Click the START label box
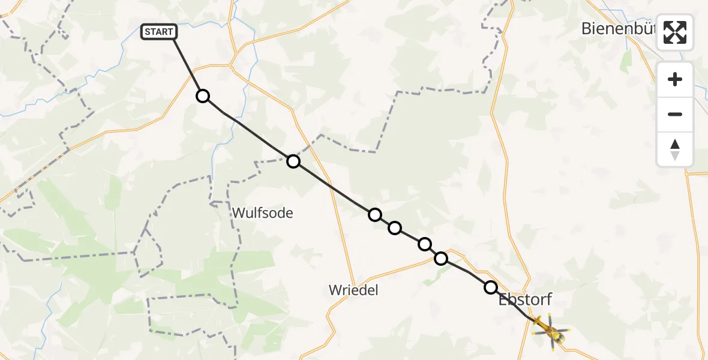tap(159, 32)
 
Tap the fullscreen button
tap(675, 32)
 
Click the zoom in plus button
tap(675, 79)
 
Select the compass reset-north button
tap(675, 149)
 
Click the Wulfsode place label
tap(262, 212)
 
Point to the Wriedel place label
tap(353, 290)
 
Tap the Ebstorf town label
tap(525, 299)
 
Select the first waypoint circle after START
tap(203, 96)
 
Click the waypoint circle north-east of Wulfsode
tap(293, 161)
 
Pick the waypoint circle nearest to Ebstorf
tap(491, 287)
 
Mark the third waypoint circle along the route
tap(375, 214)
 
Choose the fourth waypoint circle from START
tap(395, 227)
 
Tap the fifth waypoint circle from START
tap(425, 244)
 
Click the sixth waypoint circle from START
tap(441, 259)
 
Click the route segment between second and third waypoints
tap(334, 187)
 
